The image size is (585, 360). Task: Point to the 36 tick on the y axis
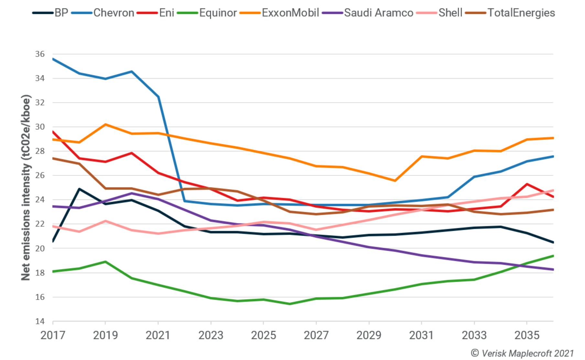(x=40, y=54)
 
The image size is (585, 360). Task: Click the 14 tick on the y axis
(x=40, y=321)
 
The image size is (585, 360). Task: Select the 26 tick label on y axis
(x=40, y=175)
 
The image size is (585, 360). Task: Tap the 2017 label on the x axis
(x=53, y=335)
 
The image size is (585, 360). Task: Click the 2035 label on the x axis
(x=527, y=335)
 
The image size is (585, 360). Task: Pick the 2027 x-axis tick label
(x=316, y=335)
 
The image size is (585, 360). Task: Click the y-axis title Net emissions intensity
(x=26, y=188)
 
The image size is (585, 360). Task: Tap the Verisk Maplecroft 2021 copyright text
(x=522, y=353)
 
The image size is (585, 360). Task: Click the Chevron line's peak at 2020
(x=132, y=71)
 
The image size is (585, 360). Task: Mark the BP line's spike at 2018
(x=79, y=189)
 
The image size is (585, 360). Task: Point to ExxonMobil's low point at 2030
(x=395, y=180)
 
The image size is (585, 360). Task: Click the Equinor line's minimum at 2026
(x=289, y=304)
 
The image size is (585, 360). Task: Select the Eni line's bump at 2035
(x=527, y=184)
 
